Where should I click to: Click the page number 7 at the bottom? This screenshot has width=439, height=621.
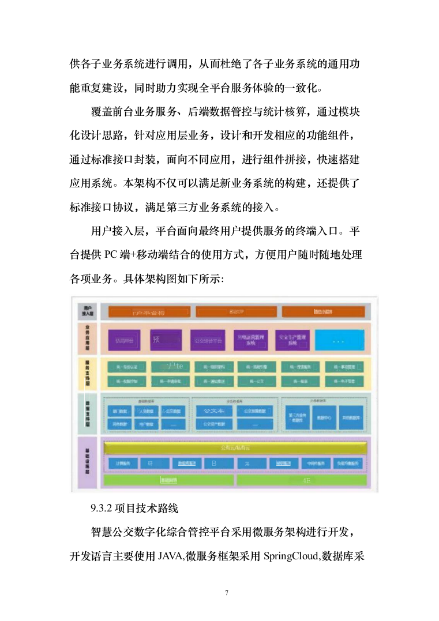click(227, 593)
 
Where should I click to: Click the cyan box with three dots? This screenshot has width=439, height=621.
click(338, 340)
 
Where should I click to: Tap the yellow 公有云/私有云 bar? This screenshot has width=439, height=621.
click(235, 448)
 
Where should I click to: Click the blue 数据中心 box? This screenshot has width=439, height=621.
click(324, 417)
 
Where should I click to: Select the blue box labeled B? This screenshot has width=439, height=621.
click(213, 463)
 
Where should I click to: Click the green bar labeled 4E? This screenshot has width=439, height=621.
click(302, 480)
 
